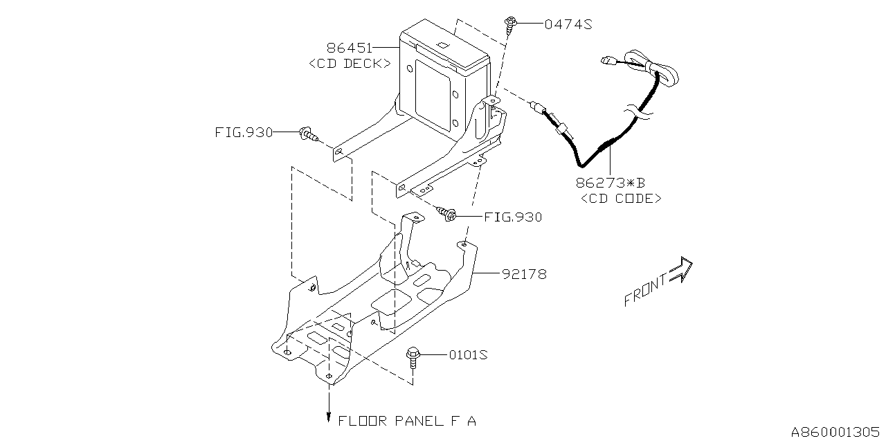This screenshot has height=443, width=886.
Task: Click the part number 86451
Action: pos(350,48)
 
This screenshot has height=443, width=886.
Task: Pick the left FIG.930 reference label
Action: pos(244,132)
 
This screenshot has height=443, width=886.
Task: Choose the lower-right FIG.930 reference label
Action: pos(512,217)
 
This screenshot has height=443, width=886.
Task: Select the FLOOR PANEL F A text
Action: pos(407,420)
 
